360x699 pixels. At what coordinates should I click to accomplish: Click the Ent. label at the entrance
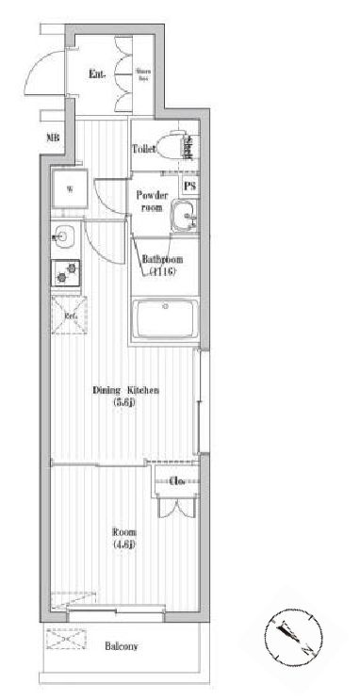[x=96, y=73]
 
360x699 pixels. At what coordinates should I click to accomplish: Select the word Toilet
[x=144, y=149]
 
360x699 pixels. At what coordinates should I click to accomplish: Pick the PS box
[x=190, y=187]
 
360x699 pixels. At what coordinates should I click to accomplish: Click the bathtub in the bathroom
[x=164, y=320]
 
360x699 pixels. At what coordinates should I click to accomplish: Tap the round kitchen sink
[x=63, y=236]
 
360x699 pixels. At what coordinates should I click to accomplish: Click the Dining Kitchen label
[x=124, y=389]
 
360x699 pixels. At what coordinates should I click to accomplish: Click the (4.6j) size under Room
[x=124, y=545]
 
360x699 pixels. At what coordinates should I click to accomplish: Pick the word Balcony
[x=121, y=646]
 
